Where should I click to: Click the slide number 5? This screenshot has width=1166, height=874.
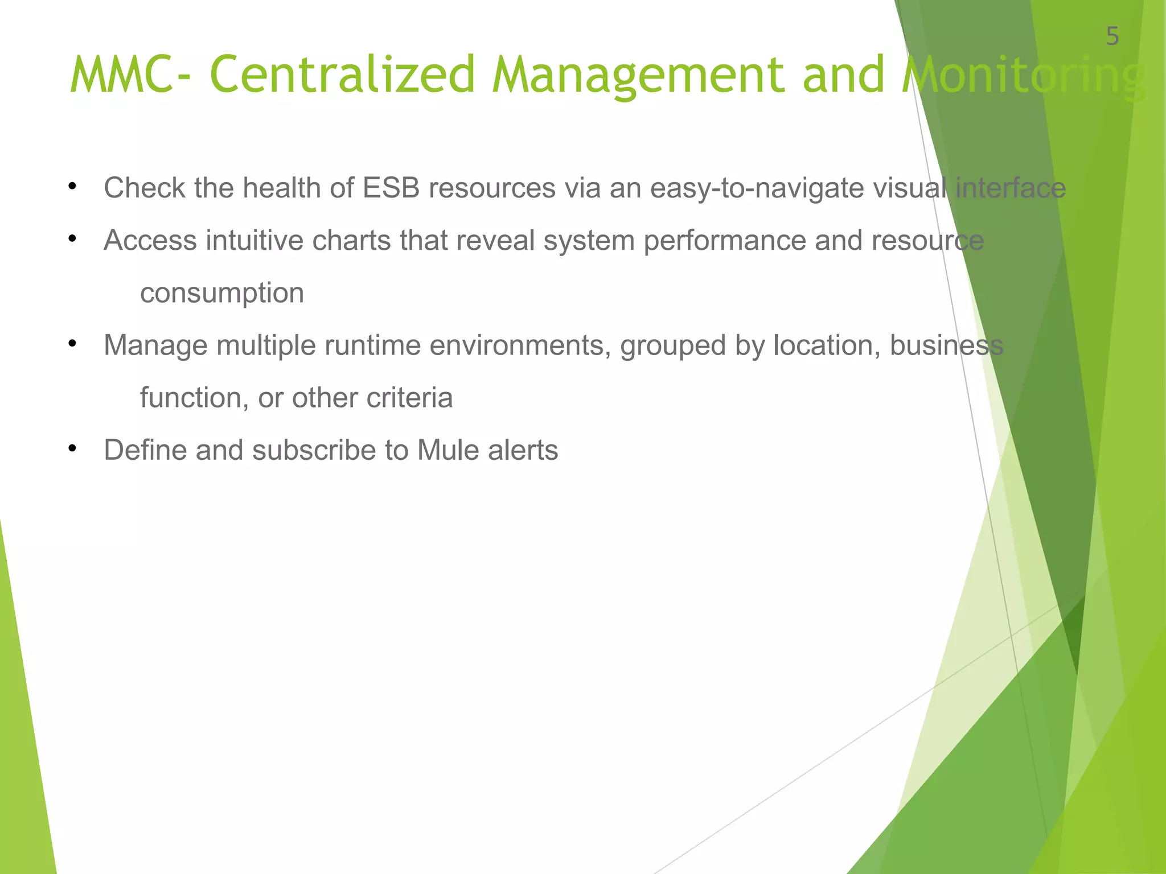tap(1112, 37)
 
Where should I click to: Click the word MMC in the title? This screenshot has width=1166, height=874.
tap(120, 75)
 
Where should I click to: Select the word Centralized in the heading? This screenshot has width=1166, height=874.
tap(342, 75)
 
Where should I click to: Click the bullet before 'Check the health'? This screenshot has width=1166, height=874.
tap(72, 187)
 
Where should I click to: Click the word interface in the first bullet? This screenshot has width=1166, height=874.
tap(1010, 188)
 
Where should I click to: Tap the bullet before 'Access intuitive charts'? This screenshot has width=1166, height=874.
tap(72, 239)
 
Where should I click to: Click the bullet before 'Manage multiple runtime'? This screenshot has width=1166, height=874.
tap(72, 344)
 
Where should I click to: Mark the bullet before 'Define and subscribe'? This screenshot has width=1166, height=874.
tap(72, 448)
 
